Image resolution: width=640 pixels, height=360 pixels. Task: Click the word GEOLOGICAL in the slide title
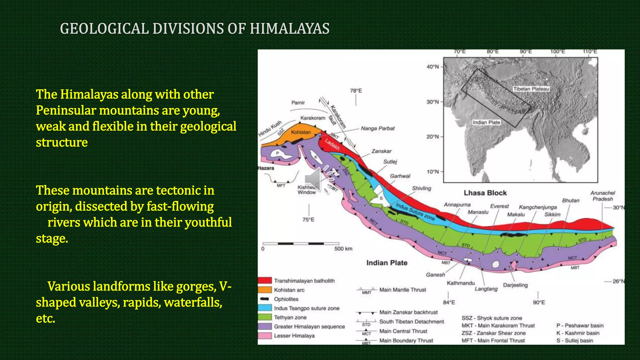pyautogui.click(x=104, y=29)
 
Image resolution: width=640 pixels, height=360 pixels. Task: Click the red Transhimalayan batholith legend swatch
pyautogui.click(x=265, y=280)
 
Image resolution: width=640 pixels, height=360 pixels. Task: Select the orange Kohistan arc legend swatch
pyautogui.click(x=265, y=290)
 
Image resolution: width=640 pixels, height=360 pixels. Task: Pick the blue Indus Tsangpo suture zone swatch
pyautogui.click(x=265, y=308)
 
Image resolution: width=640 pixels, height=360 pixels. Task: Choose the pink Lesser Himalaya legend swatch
pyautogui.click(x=265, y=336)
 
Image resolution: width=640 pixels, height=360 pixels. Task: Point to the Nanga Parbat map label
pyautogui.click(x=377, y=128)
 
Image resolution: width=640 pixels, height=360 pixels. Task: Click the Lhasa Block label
pyautogui.click(x=485, y=193)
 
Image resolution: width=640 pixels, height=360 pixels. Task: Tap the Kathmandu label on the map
pyautogui.click(x=461, y=283)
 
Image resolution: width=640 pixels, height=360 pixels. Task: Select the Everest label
pyautogui.click(x=499, y=206)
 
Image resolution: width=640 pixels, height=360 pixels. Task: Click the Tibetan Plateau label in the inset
pyautogui.click(x=531, y=89)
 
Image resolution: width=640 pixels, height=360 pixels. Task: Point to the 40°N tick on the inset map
pyautogui.click(x=433, y=67)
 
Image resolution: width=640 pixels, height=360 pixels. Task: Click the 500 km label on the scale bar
pyautogui.click(x=343, y=249)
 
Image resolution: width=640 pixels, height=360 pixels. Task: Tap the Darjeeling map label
pyautogui.click(x=515, y=285)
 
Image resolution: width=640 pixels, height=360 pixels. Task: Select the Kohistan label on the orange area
pyautogui.click(x=301, y=132)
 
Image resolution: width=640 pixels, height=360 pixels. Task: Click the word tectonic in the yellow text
pyautogui.click(x=176, y=190)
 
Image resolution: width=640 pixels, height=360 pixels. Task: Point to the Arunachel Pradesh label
pyautogui.click(x=602, y=196)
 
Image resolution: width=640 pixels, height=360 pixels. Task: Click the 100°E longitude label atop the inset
pyautogui.click(x=557, y=52)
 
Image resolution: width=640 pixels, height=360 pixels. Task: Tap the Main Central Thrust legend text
pyautogui.click(x=403, y=331)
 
